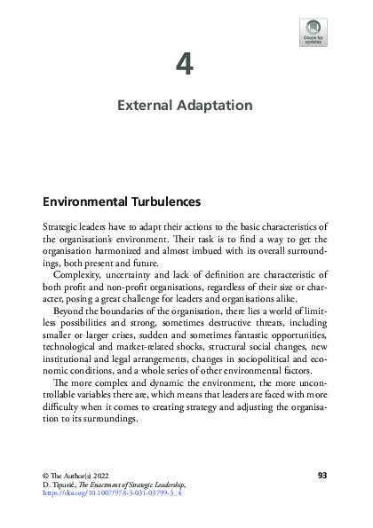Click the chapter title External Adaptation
pos(186,106)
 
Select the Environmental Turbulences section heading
pos(122,201)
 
